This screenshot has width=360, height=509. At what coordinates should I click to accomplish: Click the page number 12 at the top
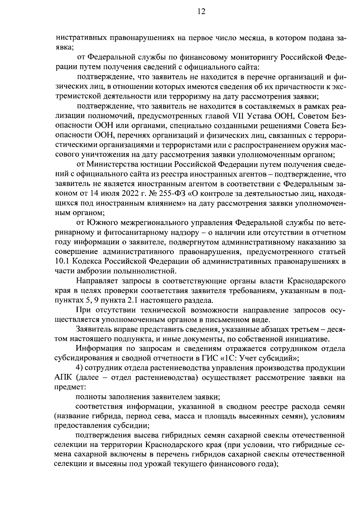click(201, 12)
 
